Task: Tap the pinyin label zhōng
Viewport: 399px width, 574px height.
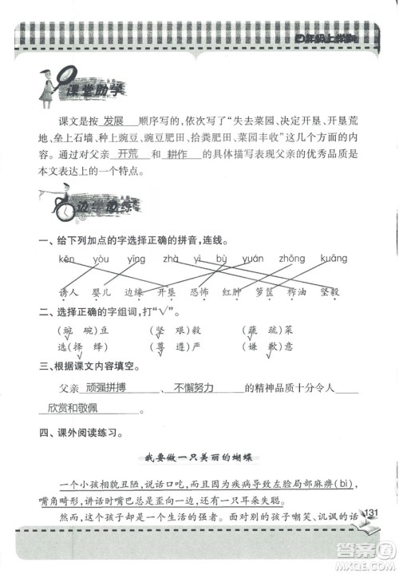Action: (x=291, y=259)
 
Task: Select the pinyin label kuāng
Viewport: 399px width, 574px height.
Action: (x=333, y=259)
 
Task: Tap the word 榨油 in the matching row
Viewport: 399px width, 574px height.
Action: (x=298, y=292)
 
